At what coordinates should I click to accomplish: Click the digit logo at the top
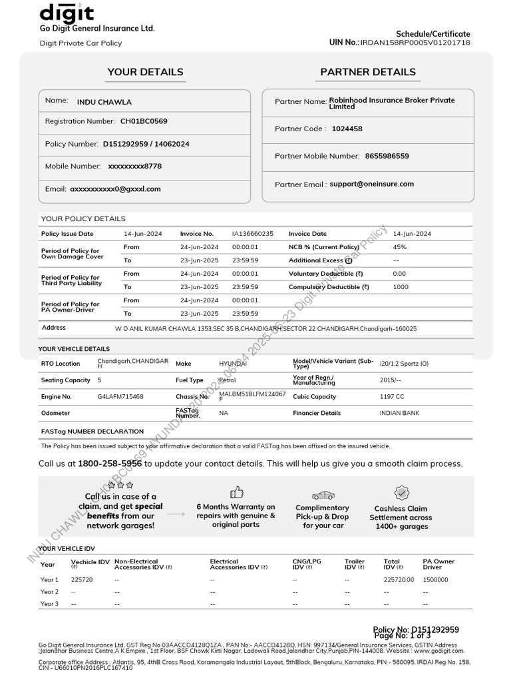67,13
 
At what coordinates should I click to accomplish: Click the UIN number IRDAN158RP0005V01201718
415,43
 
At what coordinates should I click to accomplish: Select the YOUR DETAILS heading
145,72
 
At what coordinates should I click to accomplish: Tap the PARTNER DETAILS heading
368,72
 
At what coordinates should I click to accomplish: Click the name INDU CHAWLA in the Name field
104,102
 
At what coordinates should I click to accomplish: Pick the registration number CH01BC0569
144,121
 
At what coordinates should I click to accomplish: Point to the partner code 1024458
347,129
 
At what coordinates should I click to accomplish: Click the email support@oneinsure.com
371,184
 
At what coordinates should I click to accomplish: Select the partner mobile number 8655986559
387,156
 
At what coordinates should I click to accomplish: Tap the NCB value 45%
400,247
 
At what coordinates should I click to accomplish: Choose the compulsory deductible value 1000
401,287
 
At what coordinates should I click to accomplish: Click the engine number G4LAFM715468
120,396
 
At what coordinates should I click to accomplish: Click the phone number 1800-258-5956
110,464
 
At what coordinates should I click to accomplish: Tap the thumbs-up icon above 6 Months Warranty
236,493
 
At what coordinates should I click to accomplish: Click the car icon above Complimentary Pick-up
323,495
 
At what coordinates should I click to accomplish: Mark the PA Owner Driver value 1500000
436,579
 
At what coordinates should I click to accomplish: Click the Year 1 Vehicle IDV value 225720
82,579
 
